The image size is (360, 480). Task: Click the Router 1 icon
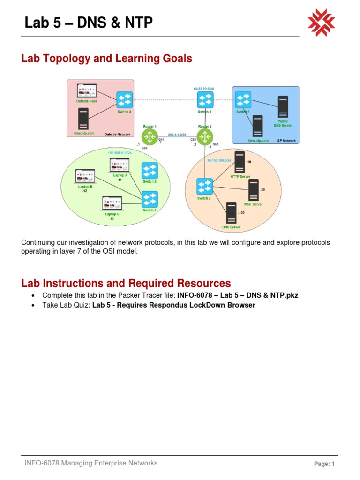(150, 137)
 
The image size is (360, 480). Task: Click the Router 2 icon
(205, 137)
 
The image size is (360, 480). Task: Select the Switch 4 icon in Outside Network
(124, 100)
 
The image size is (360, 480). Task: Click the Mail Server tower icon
(254, 190)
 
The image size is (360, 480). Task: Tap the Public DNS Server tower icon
(283, 107)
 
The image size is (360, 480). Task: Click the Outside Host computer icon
(86, 91)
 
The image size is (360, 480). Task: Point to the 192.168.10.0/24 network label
(120, 153)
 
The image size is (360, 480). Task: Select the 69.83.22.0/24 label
(204, 89)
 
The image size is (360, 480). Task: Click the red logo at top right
(321, 22)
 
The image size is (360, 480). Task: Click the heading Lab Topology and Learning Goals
(107, 59)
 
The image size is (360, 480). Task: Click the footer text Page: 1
(324, 464)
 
